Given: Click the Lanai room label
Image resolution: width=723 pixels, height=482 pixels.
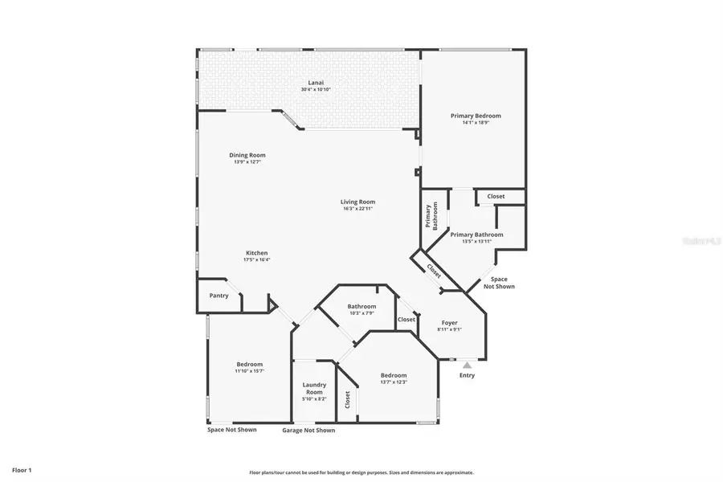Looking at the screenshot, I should pos(316,83).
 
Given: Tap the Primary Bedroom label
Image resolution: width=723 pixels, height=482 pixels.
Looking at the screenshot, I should pos(476,116).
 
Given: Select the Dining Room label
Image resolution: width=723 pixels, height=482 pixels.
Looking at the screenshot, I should pos(247,155).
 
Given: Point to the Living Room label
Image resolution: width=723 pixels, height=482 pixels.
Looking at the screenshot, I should pos(358,202).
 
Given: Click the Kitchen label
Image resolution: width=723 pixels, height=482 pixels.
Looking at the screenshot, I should pos(256,253).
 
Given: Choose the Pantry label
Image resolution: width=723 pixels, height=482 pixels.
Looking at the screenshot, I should pos(219,296).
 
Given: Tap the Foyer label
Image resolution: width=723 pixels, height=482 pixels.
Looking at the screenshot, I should pos(450,322).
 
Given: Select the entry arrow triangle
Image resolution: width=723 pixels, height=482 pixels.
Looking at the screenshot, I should pos(467,365).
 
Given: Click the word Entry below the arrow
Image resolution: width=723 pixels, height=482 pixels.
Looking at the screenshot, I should pos(467,375).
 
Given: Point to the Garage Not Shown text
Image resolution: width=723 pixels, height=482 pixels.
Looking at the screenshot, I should pos(308,431).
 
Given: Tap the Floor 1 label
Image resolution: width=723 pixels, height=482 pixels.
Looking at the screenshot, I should pos(21,469).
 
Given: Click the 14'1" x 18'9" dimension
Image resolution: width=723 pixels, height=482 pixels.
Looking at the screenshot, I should pos(476,123).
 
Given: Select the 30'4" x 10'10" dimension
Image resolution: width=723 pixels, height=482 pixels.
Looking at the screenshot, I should pos(316,89).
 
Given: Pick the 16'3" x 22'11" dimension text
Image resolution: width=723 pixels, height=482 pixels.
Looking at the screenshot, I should pos(358,209).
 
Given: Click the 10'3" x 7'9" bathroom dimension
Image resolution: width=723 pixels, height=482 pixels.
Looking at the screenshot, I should pos(361,313).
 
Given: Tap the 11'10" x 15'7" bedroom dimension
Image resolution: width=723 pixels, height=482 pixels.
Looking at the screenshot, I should pos(249,371).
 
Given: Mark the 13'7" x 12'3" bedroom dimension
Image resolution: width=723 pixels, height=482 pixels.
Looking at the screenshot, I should pos(394,382).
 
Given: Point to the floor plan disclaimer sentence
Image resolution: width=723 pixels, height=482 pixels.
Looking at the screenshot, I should pos(361,472).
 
